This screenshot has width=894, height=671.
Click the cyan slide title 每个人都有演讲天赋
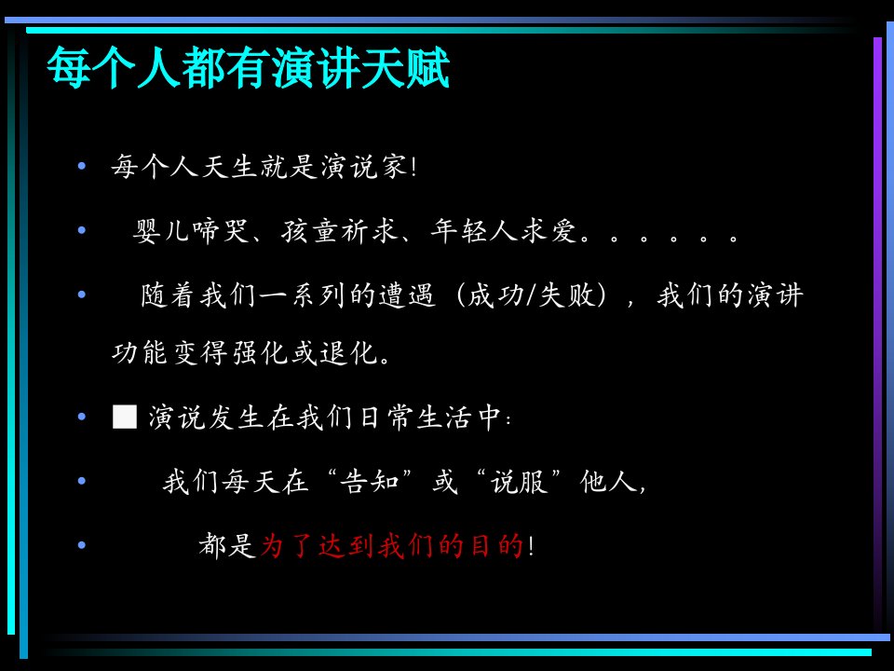(248, 68)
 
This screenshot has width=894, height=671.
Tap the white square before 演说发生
(125, 417)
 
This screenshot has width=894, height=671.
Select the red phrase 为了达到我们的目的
(392, 545)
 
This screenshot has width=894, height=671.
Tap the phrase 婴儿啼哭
(191, 231)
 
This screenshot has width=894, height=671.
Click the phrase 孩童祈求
(340, 231)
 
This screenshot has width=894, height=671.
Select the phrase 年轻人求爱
(504, 231)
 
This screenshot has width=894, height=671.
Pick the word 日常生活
(417, 418)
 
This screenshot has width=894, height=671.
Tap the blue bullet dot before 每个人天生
(82, 166)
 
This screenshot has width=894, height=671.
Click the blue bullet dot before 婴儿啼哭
(82, 230)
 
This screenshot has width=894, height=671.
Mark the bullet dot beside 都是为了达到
(82, 545)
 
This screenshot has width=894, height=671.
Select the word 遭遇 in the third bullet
(407, 295)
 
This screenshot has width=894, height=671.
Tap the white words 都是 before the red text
(227, 545)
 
